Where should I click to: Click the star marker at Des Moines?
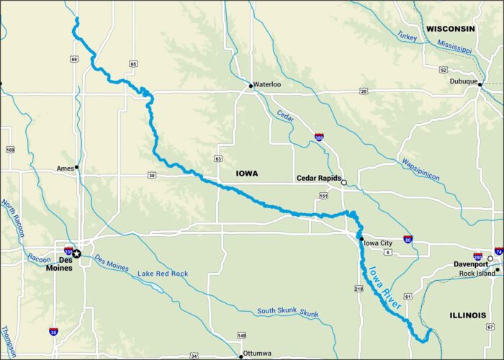[x=77, y=253]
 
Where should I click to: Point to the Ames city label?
[x=65, y=168]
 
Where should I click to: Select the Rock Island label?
[x=476, y=274]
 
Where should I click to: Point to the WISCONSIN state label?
[x=451, y=29]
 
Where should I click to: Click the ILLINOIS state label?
[x=469, y=315]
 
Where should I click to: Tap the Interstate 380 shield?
[x=319, y=136]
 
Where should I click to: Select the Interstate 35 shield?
[x=53, y=331]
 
